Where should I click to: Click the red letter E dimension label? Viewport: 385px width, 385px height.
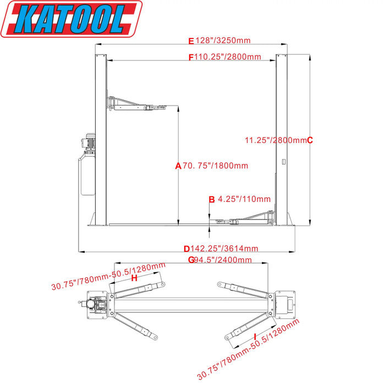(x=191, y=41)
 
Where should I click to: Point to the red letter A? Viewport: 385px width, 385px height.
(x=178, y=166)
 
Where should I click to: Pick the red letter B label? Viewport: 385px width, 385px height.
(x=211, y=199)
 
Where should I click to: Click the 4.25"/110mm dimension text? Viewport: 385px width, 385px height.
(x=244, y=199)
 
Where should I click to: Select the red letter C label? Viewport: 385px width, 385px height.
(x=310, y=140)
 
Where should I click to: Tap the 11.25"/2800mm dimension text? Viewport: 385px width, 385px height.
(x=275, y=140)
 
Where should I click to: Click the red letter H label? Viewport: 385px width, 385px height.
(x=134, y=278)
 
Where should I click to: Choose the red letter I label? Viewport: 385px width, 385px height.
(x=255, y=335)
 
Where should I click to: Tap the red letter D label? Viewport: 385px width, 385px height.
(x=187, y=249)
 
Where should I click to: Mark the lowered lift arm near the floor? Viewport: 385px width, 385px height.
(x=248, y=218)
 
